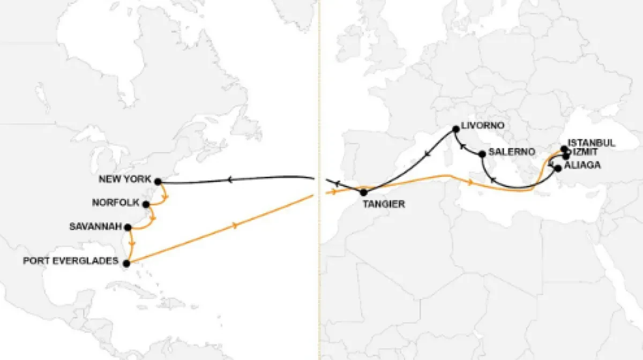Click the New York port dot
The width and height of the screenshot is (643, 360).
[x=158, y=182]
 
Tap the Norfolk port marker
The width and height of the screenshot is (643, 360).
[x=146, y=204]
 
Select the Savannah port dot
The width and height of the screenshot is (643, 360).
[x=128, y=227]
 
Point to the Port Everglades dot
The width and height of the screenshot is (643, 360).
[x=126, y=263]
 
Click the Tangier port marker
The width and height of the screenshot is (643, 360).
[x=364, y=192]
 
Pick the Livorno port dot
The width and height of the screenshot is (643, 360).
[x=456, y=129]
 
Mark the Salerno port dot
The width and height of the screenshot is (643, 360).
[x=482, y=154]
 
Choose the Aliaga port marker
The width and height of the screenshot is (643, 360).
[x=558, y=168]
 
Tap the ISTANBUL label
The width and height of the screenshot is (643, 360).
[x=592, y=143]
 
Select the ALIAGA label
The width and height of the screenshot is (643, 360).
[x=582, y=165]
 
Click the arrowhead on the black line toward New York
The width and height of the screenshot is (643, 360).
[x=229, y=180]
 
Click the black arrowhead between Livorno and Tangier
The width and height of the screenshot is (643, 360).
[x=427, y=155]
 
